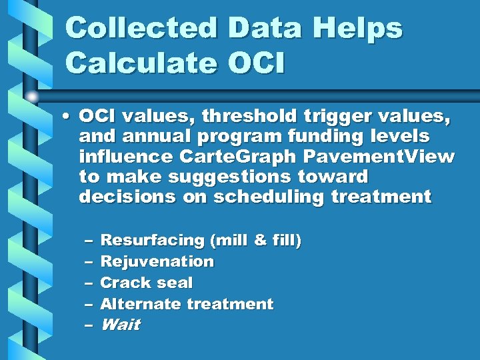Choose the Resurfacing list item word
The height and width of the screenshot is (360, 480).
(x=151, y=240)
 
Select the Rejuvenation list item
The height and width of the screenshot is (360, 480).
(x=157, y=261)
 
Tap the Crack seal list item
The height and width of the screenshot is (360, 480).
(x=146, y=283)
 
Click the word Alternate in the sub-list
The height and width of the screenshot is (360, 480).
(x=140, y=304)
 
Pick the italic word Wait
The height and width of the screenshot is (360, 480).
(x=120, y=325)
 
